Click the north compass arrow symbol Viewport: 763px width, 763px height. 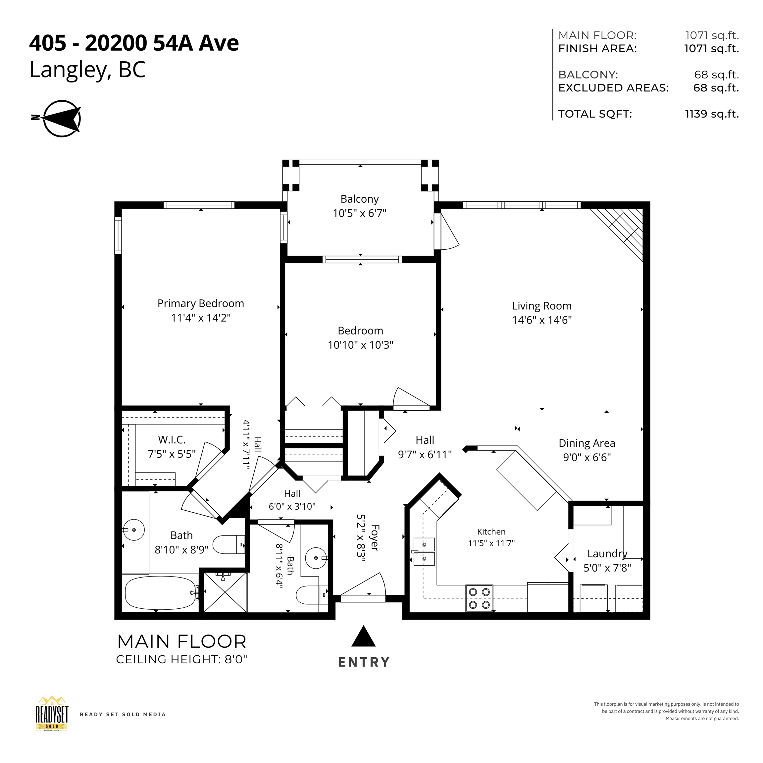point(62,119)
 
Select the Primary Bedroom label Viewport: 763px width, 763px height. point(201,303)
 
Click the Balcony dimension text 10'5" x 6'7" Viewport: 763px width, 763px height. point(359,213)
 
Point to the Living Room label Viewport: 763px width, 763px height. point(542,306)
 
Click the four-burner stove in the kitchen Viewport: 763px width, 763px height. point(480,598)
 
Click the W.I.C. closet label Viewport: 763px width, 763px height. point(172,439)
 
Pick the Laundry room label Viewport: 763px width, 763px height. point(607,554)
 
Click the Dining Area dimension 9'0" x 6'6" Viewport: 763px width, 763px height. point(587,457)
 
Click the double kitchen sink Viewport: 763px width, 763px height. point(424,551)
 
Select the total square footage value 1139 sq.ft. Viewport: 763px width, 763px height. point(712,114)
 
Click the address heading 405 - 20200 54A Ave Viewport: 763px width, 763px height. point(134,43)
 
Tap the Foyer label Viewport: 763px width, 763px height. point(375,537)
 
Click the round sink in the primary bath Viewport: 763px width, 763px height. point(133,530)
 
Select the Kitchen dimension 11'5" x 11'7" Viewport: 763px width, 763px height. point(491,543)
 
